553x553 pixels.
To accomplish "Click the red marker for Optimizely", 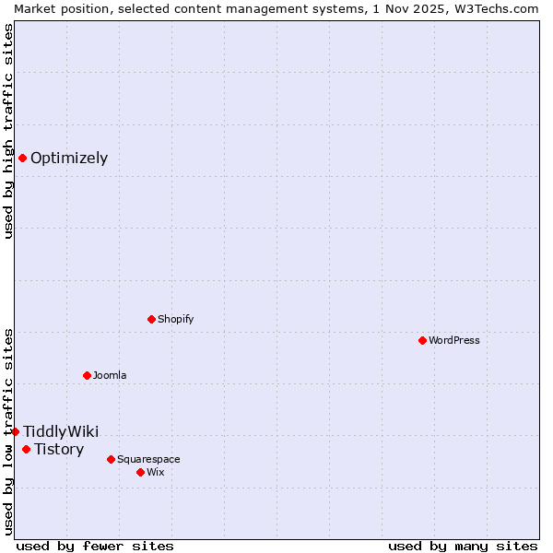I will click(x=22, y=158).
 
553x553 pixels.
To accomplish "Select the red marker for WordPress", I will click(x=422, y=340).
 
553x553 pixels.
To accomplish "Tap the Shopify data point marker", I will click(x=151, y=319).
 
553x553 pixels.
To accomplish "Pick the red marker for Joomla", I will click(x=87, y=375).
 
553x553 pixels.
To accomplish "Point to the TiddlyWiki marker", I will click(x=15, y=431).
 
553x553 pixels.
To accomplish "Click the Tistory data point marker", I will click(x=26, y=449).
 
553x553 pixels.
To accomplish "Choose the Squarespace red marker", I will click(x=111, y=459).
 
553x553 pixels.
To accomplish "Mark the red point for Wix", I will click(x=140, y=472).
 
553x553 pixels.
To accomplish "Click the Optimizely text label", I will click(x=69, y=158).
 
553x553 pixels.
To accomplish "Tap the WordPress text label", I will click(x=454, y=340).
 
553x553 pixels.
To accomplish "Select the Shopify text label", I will click(x=176, y=319).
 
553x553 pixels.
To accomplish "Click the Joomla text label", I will click(x=110, y=375).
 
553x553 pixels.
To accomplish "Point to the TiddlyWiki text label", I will click(x=61, y=431).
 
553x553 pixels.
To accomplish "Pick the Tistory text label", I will click(x=59, y=449).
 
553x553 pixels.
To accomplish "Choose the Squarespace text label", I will click(x=148, y=459).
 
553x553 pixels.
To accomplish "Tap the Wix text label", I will click(x=156, y=472).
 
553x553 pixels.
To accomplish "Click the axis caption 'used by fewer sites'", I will click(x=95, y=546).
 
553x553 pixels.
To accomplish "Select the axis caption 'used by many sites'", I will click(x=463, y=546).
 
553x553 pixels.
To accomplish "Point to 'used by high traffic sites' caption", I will click(x=9, y=131).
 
